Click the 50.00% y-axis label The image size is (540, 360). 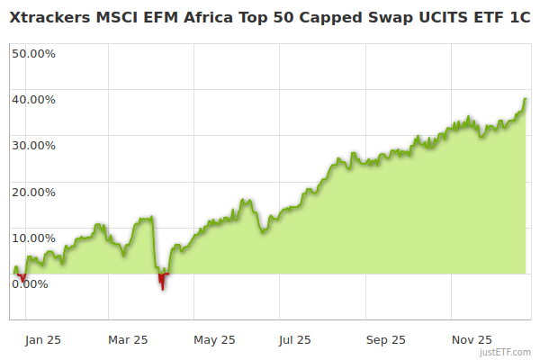[x=34, y=53]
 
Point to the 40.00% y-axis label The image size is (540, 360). [x=34, y=99]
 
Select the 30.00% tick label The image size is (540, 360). [x=34, y=145]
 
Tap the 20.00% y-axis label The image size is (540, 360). [x=34, y=192]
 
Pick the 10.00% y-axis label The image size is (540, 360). [x=34, y=238]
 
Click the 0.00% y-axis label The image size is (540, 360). [x=31, y=283]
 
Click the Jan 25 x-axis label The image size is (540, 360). [x=42, y=339]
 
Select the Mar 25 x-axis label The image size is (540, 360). [x=128, y=339]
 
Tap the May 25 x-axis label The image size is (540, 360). [x=214, y=339]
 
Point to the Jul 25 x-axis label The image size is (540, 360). [x=295, y=339]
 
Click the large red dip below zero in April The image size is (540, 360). [x=162, y=282]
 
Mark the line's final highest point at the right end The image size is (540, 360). [x=525, y=99]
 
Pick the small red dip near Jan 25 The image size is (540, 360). [x=22, y=278]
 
